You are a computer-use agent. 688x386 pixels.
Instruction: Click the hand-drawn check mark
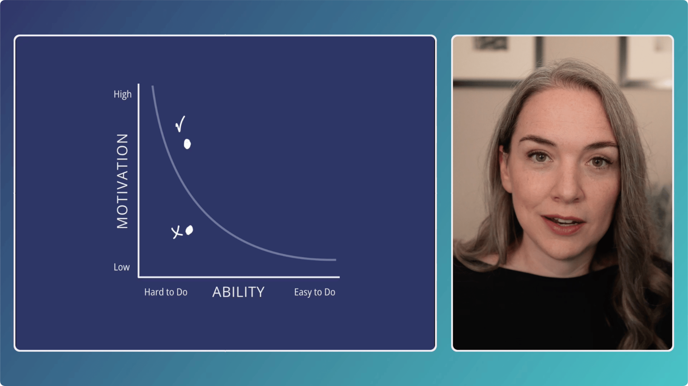point(180,124)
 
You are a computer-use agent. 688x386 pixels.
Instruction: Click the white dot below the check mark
point(187,144)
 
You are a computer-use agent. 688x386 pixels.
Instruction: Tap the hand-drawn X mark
point(177,232)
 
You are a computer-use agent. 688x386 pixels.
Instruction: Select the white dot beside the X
point(189,230)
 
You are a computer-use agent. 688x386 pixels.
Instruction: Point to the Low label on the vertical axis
point(122,267)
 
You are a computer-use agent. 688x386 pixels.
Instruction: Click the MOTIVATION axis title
point(122,181)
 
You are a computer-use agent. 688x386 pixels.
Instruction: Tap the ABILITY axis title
point(238,292)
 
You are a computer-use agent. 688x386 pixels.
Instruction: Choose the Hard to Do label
point(166,292)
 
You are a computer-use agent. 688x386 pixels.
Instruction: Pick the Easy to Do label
point(314,292)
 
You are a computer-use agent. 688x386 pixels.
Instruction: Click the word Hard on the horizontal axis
point(154,292)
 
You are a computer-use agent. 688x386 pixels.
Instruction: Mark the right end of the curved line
point(336,260)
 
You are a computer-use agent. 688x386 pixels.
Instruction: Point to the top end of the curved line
point(153,86)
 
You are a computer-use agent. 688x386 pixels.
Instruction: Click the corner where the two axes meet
point(139,277)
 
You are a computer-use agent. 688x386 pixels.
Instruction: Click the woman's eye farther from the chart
point(598,162)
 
